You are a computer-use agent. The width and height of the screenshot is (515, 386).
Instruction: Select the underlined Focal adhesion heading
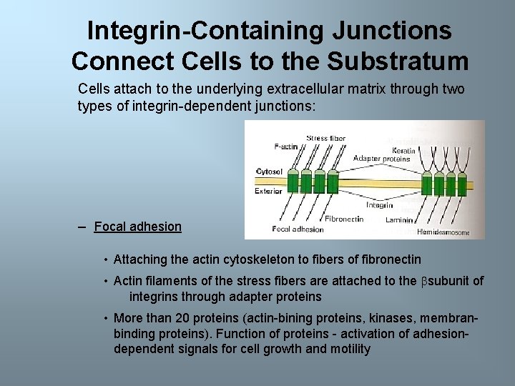click(x=137, y=227)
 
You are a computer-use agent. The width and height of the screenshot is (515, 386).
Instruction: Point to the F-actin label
click(x=286, y=147)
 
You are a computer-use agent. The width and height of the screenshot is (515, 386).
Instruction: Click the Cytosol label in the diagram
click(x=269, y=172)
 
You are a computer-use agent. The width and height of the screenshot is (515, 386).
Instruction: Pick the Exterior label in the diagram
click(x=268, y=191)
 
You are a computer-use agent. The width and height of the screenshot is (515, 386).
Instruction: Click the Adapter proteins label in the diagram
click(x=382, y=158)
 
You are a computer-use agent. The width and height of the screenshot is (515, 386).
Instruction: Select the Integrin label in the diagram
click(x=379, y=205)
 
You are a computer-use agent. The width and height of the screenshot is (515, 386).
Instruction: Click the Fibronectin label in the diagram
click(x=344, y=219)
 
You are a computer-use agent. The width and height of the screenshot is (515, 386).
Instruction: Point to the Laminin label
click(x=399, y=219)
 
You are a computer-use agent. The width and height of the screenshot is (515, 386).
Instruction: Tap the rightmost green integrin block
click(x=461, y=184)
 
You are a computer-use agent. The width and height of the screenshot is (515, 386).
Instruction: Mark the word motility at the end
click(x=349, y=349)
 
